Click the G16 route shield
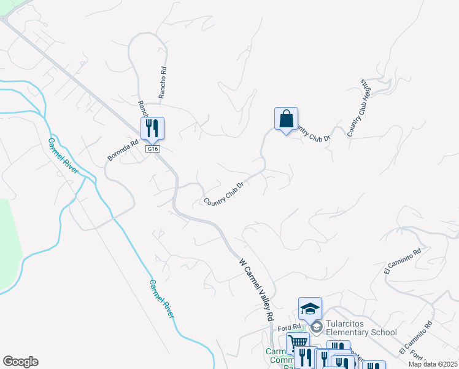[x=152, y=149]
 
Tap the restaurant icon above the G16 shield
[x=152, y=128]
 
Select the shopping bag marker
[x=286, y=119]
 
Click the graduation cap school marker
[x=310, y=308]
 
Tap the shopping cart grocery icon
[x=298, y=343]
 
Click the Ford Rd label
[x=289, y=327]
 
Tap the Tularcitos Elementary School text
[x=361, y=328]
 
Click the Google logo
[x=20, y=362]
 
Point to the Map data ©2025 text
[x=433, y=364]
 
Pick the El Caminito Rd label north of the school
[x=403, y=261]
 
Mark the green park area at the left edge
[x=9, y=246]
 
